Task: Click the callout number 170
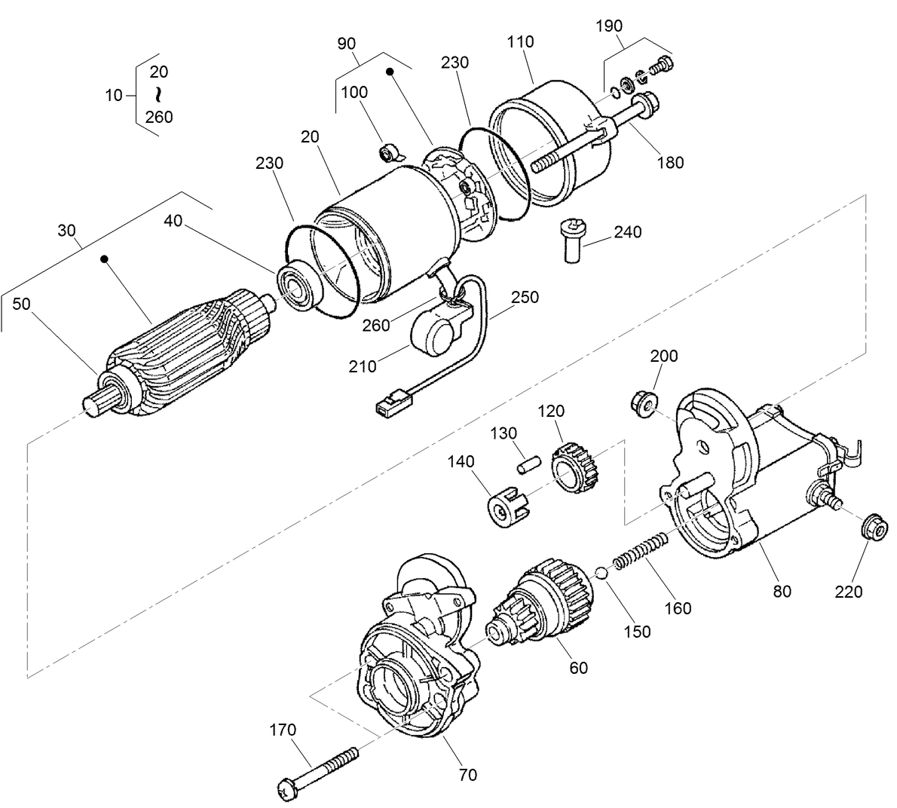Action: click(283, 730)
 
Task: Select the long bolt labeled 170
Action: click(317, 769)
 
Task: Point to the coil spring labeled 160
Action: click(639, 551)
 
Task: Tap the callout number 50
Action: click(22, 304)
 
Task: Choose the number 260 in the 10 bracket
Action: click(159, 117)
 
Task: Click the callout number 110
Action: click(520, 41)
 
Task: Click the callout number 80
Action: click(782, 591)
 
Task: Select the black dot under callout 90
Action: click(390, 72)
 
